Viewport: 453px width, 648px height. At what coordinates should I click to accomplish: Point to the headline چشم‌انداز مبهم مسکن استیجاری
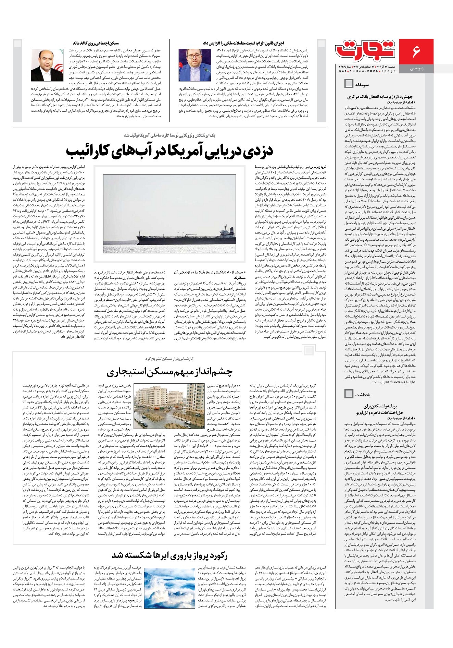169,371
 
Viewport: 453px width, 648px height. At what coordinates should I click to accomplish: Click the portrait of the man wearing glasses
190,65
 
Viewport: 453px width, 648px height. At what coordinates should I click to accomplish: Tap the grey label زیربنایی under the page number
416,68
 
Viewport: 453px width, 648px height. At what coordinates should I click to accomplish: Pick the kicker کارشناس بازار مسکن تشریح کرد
169,358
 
